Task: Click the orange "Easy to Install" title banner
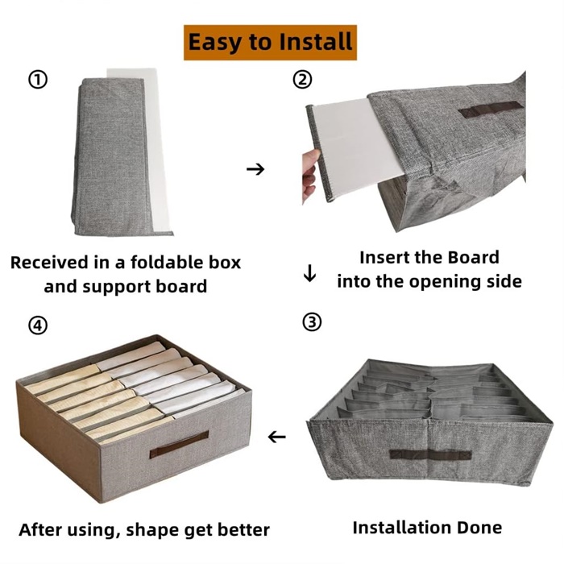pos(270,42)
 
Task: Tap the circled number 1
pos(38,80)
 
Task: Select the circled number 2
pos(302,80)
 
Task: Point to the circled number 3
pos(312,322)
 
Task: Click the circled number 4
pos(38,326)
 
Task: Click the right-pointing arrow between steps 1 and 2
pos(255,168)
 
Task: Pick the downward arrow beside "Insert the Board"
pos(309,273)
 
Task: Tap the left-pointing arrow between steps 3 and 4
pos(276,437)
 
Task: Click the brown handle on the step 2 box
pos(491,109)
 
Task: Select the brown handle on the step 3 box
pos(430,454)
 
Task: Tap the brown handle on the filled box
pos(179,445)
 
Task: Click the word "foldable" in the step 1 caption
pos(160,262)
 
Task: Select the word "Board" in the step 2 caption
pos(474,258)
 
